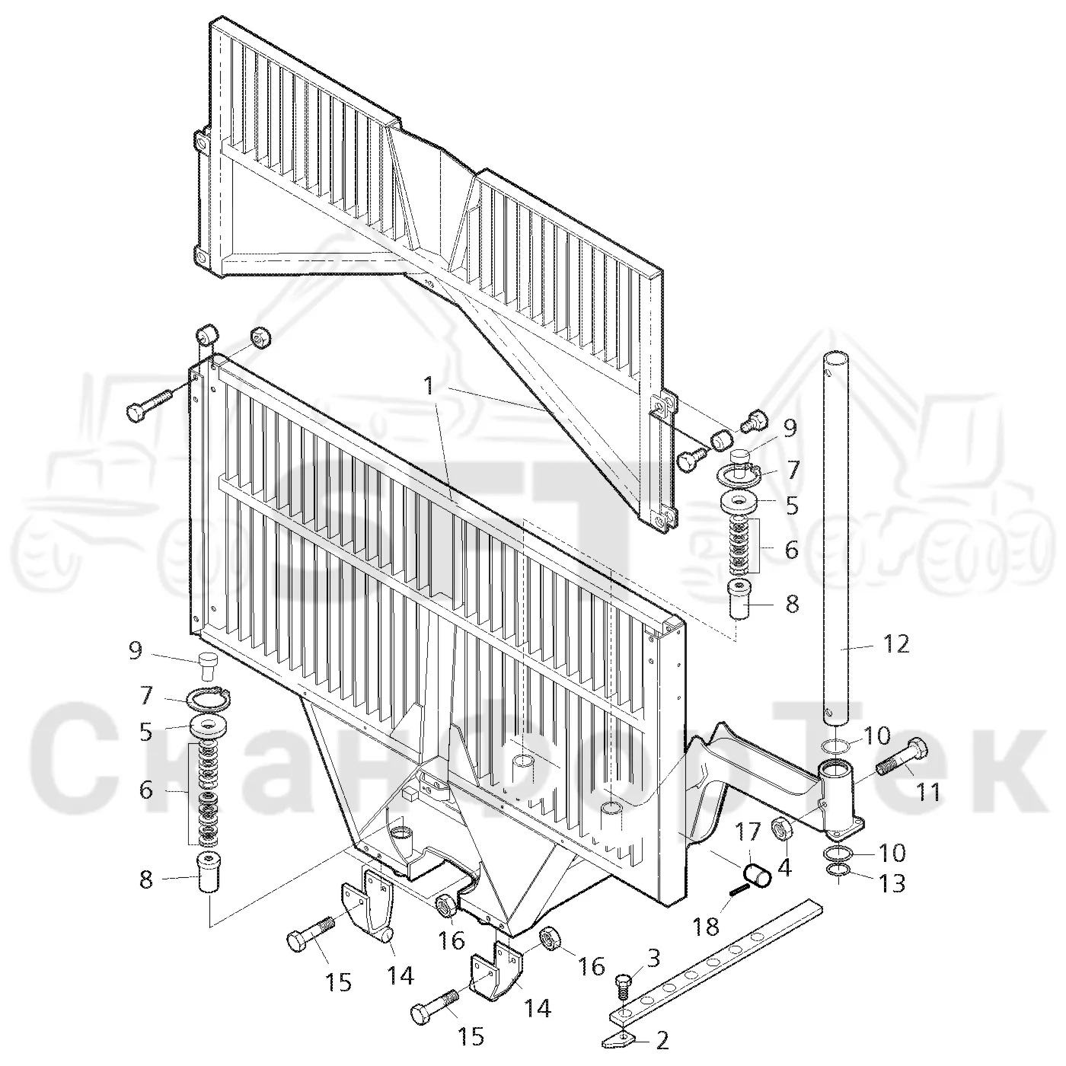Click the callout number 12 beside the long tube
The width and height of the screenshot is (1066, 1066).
point(895,644)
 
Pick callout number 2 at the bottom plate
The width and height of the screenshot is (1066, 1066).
point(662,1040)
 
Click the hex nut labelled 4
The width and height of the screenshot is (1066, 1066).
point(780,828)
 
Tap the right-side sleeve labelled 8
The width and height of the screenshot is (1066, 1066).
point(737,600)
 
